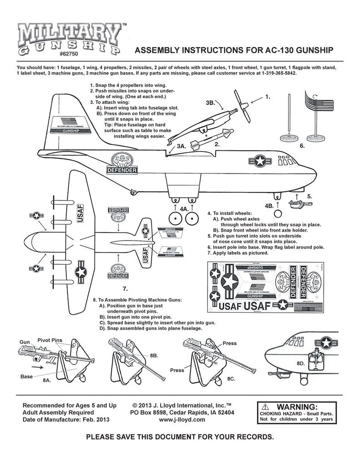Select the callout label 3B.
pyautogui.click(x=210, y=103)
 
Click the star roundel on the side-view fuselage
pyautogui.click(x=260, y=160)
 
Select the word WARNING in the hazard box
pyautogui.click(x=296, y=406)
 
